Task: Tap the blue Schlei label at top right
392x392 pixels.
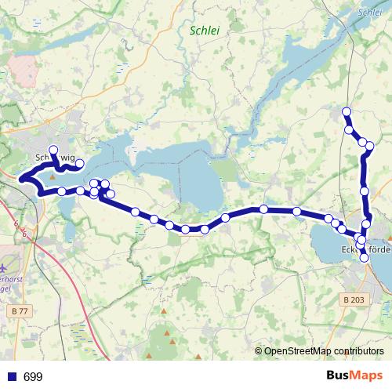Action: tap(368, 13)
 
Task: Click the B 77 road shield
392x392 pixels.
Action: tap(21, 289)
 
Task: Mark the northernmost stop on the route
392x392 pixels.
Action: tap(347, 111)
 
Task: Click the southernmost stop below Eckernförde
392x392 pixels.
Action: tap(364, 257)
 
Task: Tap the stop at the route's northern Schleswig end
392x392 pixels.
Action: tap(53, 149)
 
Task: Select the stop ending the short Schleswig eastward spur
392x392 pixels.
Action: tap(79, 163)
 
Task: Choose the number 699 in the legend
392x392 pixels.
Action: tap(33, 377)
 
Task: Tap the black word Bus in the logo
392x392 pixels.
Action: tap(339, 376)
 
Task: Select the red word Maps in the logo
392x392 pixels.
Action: tap(368, 376)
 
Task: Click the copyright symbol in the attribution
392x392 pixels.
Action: tap(259, 350)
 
